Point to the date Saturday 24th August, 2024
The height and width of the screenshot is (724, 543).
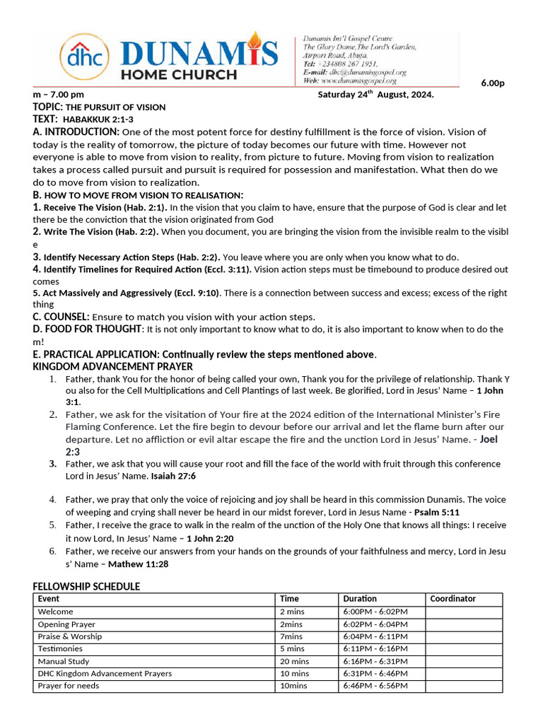click(x=375, y=95)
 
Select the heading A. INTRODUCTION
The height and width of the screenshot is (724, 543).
click(x=76, y=132)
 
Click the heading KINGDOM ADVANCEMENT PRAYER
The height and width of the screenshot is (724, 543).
click(x=112, y=366)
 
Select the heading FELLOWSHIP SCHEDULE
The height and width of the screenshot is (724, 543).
click(x=86, y=586)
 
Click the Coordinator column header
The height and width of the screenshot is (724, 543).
click(x=452, y=599)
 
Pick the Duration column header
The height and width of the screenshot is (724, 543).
click(x=360, y=599)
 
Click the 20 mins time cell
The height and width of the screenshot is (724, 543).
click(x=294, y=661)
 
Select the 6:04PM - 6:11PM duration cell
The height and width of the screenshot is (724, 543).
click(x=375, y=636)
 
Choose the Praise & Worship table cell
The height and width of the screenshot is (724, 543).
click(x=70, y=636)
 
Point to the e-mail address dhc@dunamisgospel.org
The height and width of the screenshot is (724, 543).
click(x=364, y=72)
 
